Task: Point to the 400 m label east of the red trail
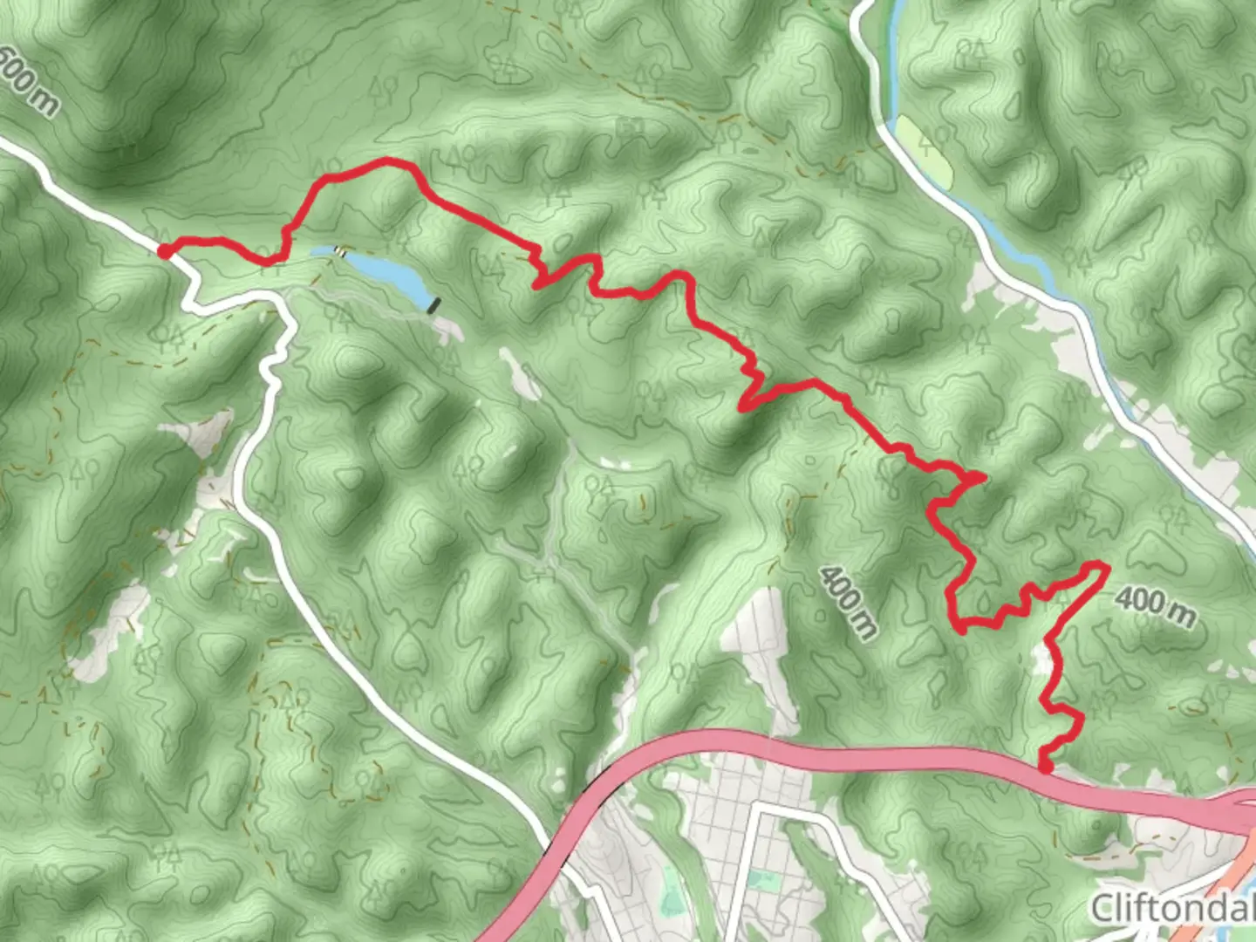pos(1155,606)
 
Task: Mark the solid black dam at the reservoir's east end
pos(434,304)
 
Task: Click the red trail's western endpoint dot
pos(163,251)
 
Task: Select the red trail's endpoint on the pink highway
pos(1045,768)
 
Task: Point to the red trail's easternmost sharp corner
pos(1106,568)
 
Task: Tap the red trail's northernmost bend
pos(388,161)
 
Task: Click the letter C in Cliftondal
pos(1104,909)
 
